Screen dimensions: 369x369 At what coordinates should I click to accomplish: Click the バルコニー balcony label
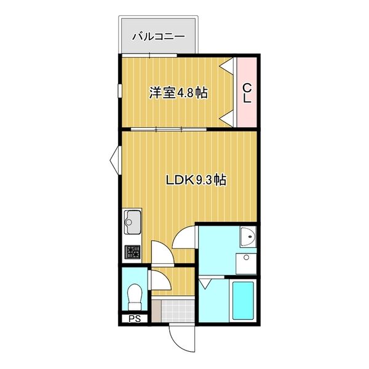(x=158, y=36)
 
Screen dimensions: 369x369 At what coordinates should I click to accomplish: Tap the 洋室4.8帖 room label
(x=178, y=93)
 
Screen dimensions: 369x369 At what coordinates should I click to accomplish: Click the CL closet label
(x=246, y=93)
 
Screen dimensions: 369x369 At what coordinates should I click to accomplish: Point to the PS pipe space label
(x=134, y=319)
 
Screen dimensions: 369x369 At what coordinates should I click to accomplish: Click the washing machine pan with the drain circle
(x=247, y=263)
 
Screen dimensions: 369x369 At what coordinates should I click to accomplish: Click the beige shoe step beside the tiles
(x=156, y=311)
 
